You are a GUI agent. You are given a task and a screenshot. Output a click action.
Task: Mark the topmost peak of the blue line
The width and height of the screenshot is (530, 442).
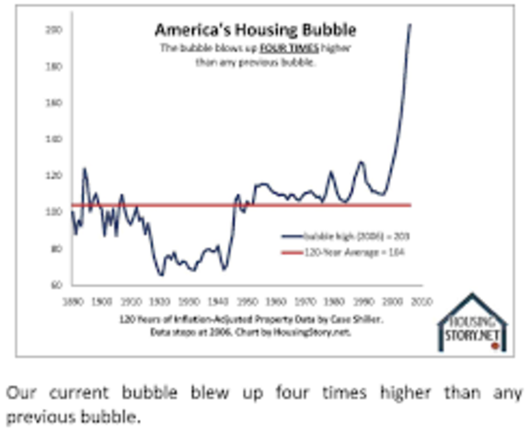pyautogui.click(x=410, y=25)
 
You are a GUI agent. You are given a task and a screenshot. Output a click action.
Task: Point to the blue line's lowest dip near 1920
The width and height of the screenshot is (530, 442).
pyautogui.click(x=161, y=273)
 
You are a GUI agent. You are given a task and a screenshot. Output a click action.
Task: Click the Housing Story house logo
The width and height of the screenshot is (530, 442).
pyautogui.click(x=471, y=322)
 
